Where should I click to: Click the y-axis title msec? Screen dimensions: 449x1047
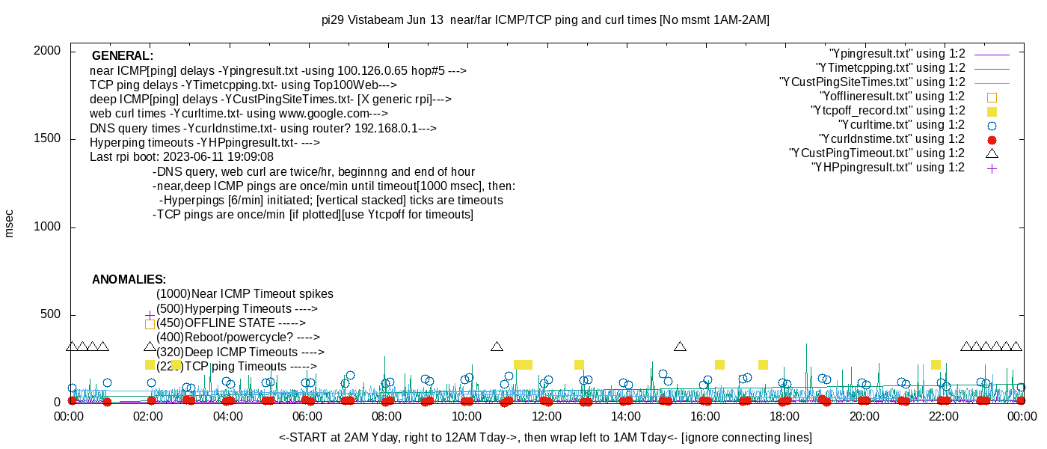pos(9,224)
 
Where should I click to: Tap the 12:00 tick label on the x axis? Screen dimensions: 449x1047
pos(546,417)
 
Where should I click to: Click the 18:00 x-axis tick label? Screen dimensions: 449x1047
pos(784,417)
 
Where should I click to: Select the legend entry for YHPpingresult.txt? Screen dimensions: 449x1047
pos(888,168)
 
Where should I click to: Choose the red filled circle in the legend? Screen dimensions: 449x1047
pos(992,140)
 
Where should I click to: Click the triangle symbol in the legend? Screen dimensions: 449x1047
pos(992,153)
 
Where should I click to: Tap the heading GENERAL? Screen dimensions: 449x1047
pos(123,56)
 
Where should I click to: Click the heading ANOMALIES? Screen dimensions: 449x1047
pos(129,280)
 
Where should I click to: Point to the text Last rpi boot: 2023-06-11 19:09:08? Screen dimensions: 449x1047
pos(182,157)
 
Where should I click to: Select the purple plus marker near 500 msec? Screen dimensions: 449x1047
pos(150,315)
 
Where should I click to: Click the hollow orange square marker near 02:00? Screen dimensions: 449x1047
pos(150,324)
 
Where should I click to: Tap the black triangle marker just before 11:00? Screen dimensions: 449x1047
pos(497,346)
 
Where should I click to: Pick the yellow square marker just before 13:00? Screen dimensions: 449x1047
pos(579,364)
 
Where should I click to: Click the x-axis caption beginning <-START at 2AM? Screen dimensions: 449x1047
pos(545,437)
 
